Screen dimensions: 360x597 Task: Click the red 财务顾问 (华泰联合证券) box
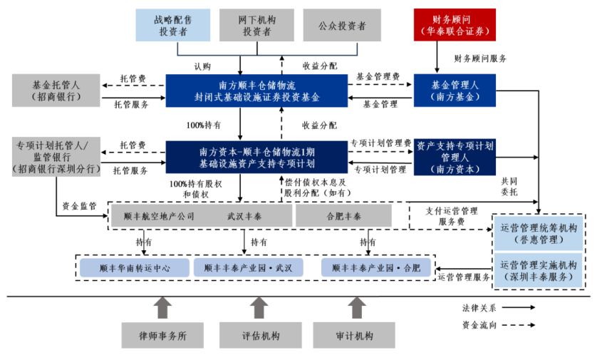coord(455,24)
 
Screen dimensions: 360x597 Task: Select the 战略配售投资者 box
coord(173,24)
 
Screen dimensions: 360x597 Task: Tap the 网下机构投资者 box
coord(256,24)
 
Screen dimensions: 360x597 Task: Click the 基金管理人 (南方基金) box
coord(455,91)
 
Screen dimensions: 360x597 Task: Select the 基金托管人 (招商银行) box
coord(56,91)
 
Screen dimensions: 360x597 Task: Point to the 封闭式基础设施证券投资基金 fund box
coord(256,91)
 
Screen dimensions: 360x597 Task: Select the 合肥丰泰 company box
coord(343,216)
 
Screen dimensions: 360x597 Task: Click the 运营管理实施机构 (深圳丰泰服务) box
coord(539,269)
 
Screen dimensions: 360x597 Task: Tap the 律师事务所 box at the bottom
coord(163,336)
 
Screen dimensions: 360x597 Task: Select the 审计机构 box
coord(354,336)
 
